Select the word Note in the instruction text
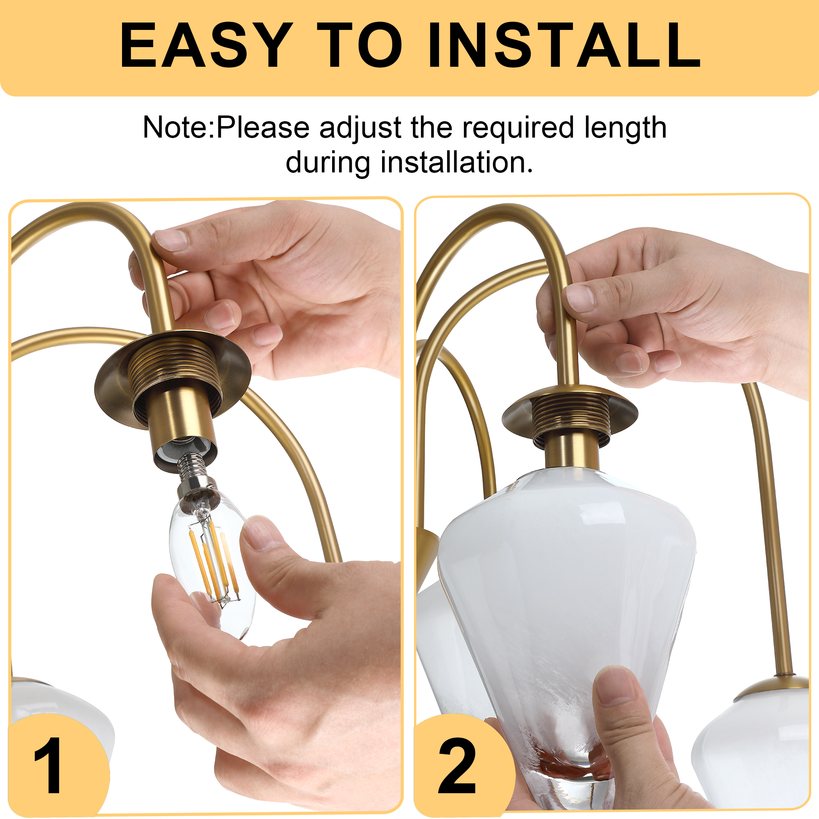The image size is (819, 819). pyautogui.click(x=176, y=127)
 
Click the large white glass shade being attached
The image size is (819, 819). pyautogui.click(x=566, y=627)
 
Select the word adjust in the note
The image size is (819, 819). pyautogui.click(x=360, y=128)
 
